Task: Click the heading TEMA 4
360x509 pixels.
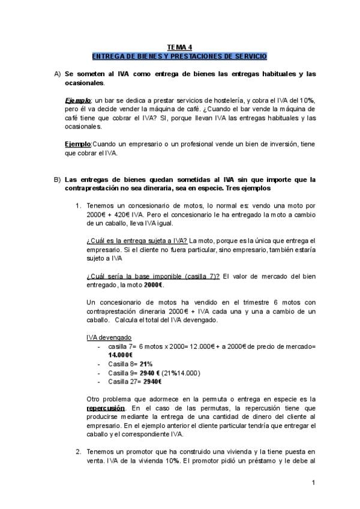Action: (179, 47)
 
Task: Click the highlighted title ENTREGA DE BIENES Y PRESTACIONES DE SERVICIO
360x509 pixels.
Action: (179, 56)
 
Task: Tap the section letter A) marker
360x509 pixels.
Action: (58, 74)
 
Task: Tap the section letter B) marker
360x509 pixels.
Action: (58, 179)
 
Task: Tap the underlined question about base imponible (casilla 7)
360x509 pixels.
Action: (153, 276)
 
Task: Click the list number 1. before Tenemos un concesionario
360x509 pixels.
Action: (79, 206)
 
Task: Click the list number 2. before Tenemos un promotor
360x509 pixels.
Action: (79, 452)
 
